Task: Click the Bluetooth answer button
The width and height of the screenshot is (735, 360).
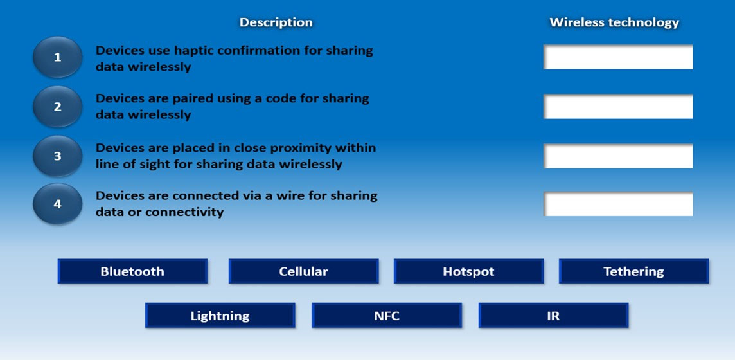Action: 132,271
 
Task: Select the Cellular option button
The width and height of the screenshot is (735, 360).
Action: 304,271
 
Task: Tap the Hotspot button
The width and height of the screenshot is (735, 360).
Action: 469,271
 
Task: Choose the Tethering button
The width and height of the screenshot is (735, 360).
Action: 633,271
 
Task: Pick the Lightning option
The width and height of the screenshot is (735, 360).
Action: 220,316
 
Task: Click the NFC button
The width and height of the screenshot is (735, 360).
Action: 387,316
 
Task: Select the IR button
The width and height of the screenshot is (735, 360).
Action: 554,316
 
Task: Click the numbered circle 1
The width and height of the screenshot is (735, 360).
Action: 58,57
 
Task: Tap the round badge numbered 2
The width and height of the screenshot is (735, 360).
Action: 58,107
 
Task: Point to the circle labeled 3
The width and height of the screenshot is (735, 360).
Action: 58,156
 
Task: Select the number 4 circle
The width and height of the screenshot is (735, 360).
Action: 58,204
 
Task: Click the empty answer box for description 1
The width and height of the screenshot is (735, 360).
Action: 618,57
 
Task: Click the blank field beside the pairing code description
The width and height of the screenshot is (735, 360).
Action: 618,107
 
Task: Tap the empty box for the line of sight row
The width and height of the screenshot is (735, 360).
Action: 618,156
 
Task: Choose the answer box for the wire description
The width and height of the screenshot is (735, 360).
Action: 618,204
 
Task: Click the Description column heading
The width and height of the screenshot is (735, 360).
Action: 276,22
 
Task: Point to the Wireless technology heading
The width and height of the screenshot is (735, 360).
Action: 614,22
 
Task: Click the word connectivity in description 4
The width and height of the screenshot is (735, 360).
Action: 184,212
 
